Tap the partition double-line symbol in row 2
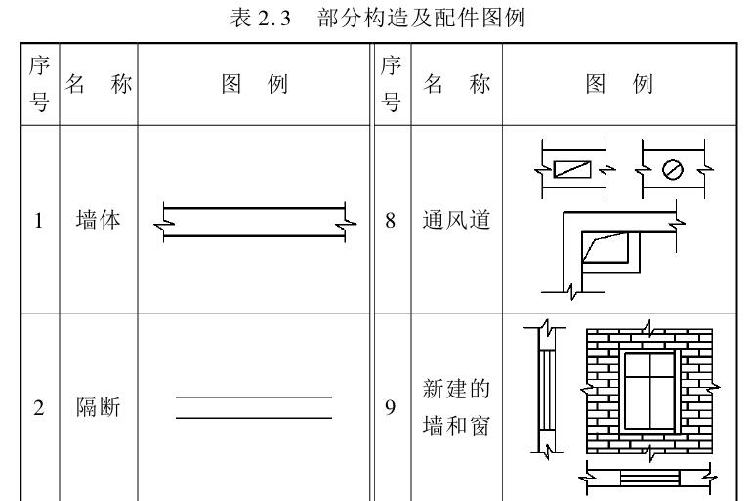(254, 406)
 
